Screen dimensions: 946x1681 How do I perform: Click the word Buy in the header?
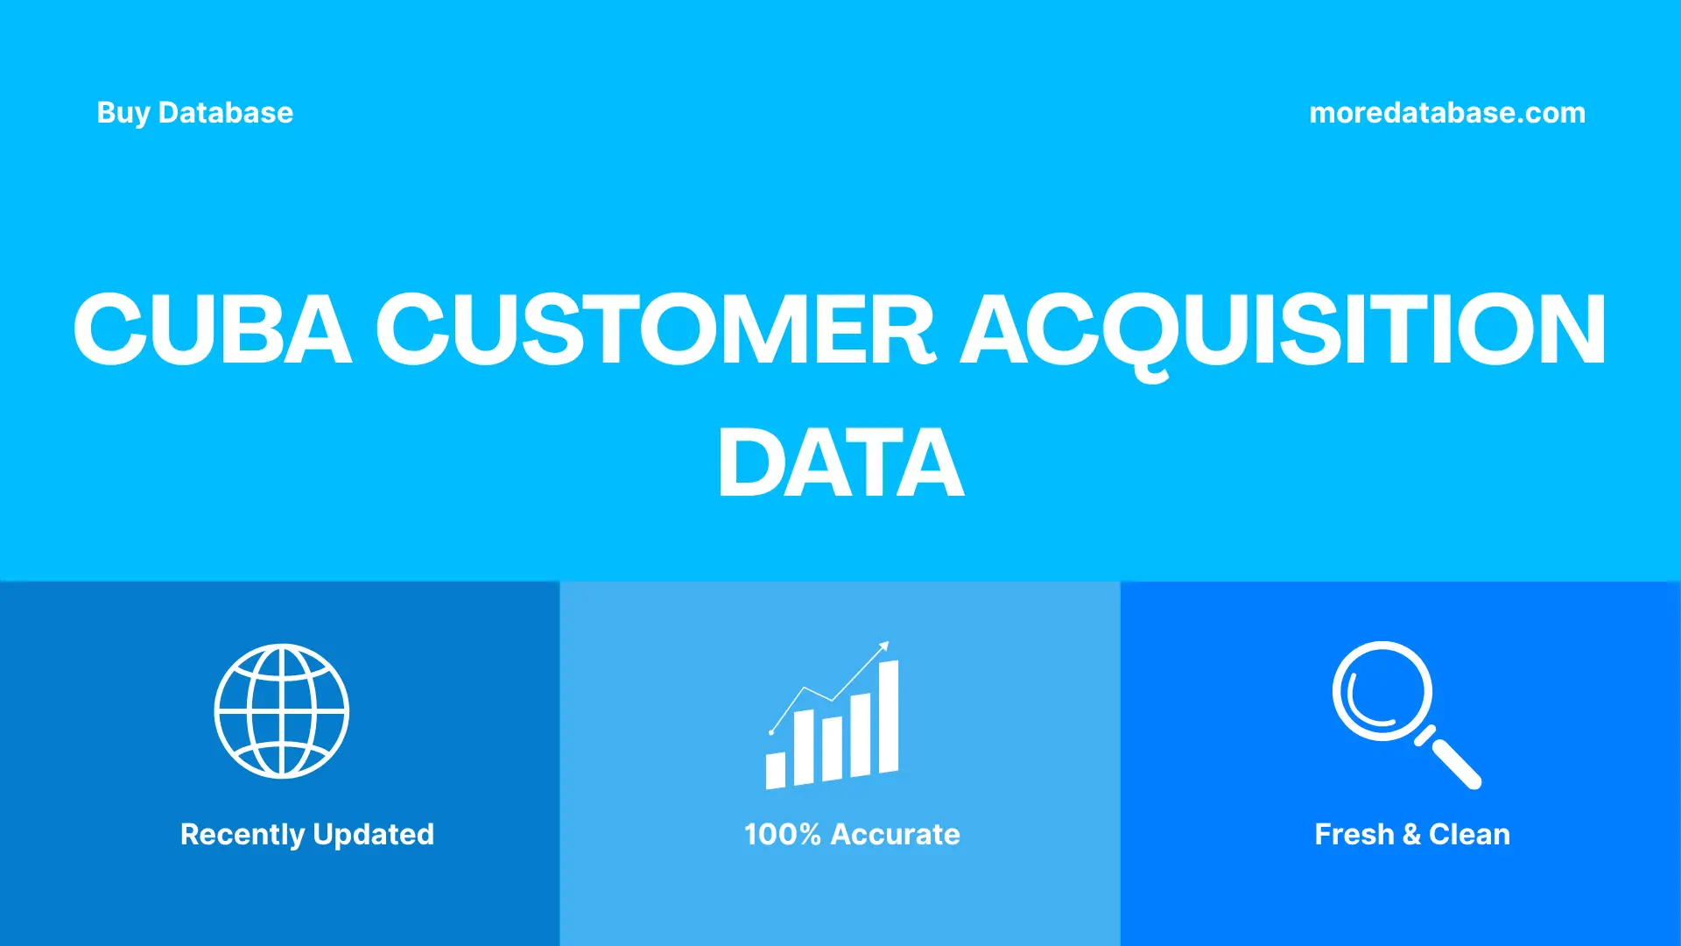(x=123, y=113)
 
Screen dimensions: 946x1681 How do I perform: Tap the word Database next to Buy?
(x=226, y=113)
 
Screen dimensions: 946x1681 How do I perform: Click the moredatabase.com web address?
(x=1446, y=113)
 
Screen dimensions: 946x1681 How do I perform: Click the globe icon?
(x=282, y=711)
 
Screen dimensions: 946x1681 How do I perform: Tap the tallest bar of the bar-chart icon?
(x=888, y=717)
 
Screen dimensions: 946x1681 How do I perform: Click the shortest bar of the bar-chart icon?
(x=776, y=771)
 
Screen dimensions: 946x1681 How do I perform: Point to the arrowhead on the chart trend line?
(x=884, y=646)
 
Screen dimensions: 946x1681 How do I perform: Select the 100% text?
(x=782, y=835)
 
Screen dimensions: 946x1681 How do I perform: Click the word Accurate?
(x=895, y=835)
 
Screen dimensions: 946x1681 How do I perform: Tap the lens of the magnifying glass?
(x=1382, y=691)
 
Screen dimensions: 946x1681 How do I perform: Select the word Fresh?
(x=1354, y=835)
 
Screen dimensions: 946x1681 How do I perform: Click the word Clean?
(x=1469, y=835)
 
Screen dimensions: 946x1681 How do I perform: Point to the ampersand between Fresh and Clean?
(x=1411, y=835)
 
